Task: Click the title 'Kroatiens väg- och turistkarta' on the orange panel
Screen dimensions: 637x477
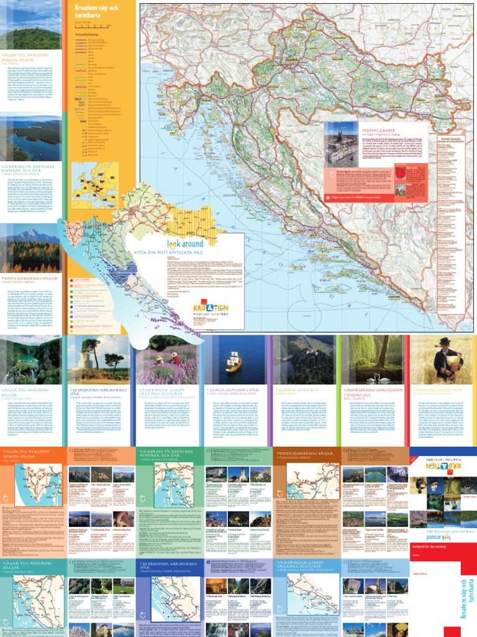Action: pyautogui.click(x=99, y=11)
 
